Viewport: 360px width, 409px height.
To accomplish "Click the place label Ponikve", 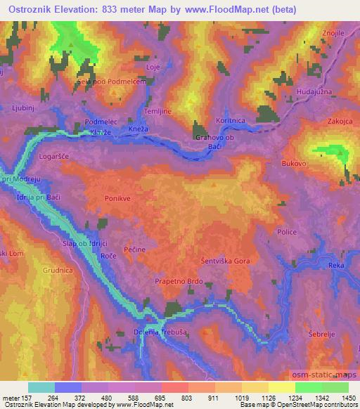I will coord(117,198).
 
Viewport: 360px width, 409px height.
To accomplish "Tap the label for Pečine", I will coord(135,249).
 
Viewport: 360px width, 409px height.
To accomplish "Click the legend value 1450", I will coord(345,397).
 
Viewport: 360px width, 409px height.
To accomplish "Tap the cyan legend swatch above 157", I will coord(41,387).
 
